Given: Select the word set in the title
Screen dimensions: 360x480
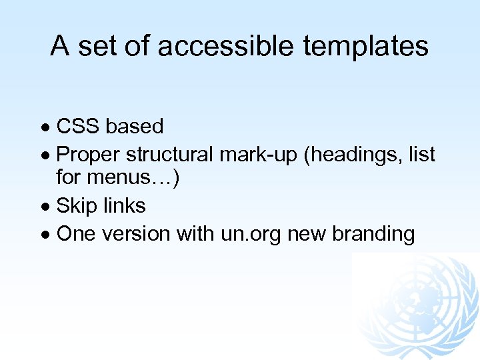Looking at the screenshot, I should (95, 46).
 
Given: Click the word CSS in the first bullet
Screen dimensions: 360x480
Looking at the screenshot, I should (78, 126).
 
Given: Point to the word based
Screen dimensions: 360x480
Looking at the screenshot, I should (135, 126).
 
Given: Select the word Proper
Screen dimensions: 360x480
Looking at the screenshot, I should (88, 155).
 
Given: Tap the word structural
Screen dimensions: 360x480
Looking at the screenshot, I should (169, 155).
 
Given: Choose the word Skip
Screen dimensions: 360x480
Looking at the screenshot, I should (75, 206).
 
